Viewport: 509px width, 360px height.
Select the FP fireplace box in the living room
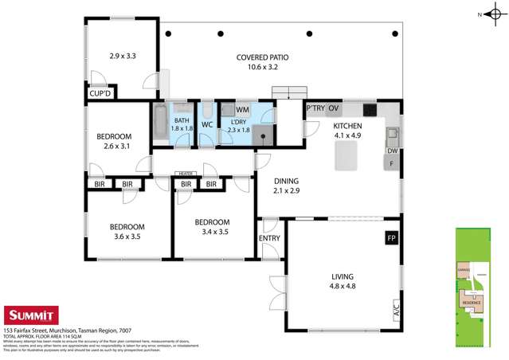391,237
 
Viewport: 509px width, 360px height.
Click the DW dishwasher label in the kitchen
392,151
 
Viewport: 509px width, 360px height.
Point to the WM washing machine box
241,109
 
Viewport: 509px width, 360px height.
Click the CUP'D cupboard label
100,93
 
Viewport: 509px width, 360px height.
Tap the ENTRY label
269,238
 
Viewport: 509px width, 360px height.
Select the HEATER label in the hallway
187,173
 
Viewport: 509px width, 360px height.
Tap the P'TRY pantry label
315,108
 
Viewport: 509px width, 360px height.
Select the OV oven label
334,108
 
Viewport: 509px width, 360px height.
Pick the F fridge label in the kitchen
392,164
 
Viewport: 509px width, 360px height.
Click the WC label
205,124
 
